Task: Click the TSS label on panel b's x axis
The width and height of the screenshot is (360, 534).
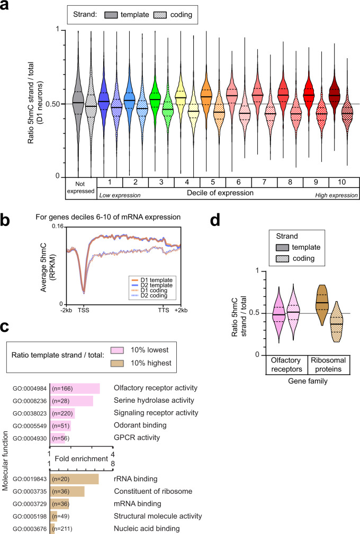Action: click(x=84, y=309)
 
